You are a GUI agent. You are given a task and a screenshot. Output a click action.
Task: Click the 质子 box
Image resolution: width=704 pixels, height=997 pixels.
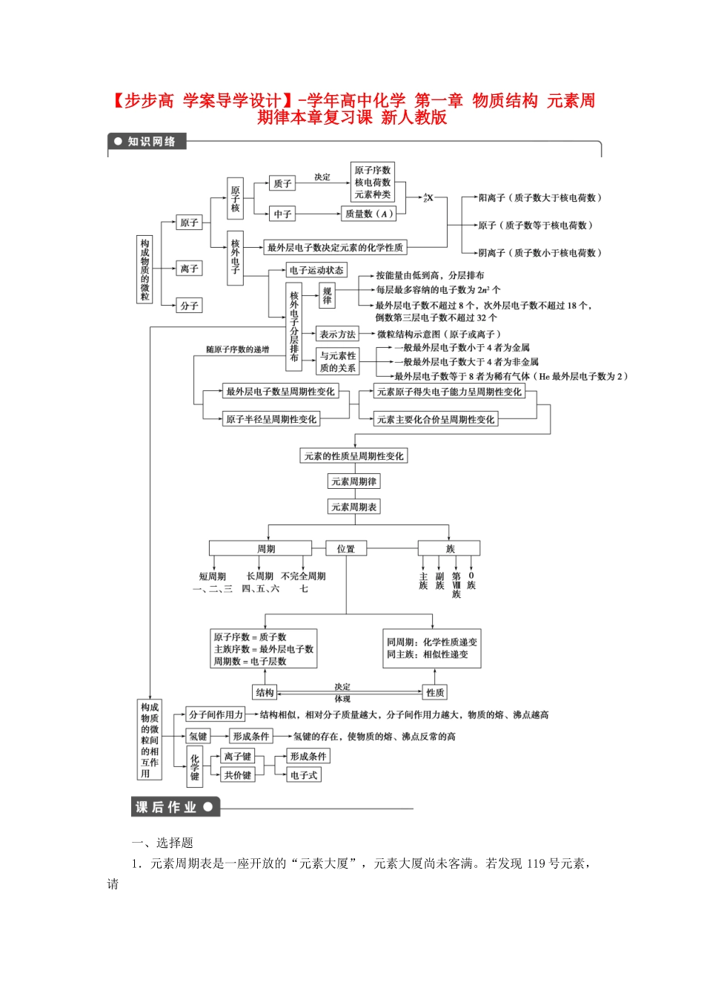coord(282,183)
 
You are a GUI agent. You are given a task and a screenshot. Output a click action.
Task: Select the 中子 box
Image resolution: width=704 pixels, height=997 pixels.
coord(282,214)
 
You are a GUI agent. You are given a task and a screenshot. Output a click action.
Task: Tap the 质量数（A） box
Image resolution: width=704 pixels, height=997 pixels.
coord(368,214)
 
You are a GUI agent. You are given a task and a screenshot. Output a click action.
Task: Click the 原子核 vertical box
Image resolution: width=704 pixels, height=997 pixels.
coord(235,198)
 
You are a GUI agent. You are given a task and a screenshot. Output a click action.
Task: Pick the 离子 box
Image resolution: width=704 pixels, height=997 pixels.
coord(190,269)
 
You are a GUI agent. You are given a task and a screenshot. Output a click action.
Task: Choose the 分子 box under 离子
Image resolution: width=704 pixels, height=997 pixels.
coord(190,305)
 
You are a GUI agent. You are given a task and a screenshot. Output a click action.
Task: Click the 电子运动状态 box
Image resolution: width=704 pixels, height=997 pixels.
coord(316,270)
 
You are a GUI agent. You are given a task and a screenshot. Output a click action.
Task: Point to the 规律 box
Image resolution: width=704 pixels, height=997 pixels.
coord(327,295)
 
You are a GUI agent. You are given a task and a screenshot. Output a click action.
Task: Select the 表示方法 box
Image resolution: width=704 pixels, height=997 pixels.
coord(338,334)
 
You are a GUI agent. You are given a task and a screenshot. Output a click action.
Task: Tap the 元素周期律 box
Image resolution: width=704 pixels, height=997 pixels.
coord(353,481)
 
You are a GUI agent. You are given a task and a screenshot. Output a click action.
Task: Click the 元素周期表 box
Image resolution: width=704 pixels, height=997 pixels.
coord(353,507)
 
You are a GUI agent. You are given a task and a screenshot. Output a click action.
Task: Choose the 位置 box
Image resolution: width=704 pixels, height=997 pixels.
coord(346,548)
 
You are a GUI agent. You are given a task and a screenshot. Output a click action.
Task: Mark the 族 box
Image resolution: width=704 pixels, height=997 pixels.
coord(449,548)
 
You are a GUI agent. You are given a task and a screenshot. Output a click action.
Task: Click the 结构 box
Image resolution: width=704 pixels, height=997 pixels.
coord(265,692)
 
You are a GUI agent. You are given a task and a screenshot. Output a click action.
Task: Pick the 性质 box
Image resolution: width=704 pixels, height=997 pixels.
coord(435,692)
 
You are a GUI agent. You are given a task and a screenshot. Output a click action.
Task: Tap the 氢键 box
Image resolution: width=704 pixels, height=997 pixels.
coord(198,736)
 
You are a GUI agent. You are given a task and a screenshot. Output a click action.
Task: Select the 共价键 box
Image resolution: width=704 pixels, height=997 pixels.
coord(237,774)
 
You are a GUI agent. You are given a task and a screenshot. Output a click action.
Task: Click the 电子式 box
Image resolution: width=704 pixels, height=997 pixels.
coord(304,774)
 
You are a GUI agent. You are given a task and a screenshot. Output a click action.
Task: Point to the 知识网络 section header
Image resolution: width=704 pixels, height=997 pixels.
coord(147,141)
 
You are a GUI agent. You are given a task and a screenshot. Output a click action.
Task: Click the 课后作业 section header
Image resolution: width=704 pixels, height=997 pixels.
coord(175,807)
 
